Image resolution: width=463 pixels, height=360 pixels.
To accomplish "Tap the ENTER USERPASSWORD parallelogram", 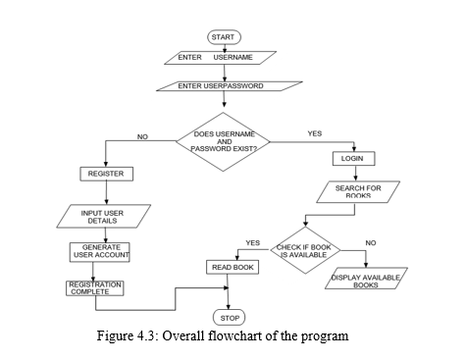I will pos(221,85).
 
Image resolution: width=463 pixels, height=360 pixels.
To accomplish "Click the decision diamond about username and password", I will pos(225,141).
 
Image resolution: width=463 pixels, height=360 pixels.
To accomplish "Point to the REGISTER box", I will pos(104,173).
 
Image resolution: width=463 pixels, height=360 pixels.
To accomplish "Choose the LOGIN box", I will pos(353,158).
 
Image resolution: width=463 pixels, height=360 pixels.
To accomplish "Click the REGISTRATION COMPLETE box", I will pos(95,287).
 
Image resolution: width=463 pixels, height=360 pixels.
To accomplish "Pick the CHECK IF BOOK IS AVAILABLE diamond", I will pos(305,250).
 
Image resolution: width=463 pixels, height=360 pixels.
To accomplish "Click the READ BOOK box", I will pos(231,267).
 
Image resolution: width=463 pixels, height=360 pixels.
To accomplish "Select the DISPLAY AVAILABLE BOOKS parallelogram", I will pos(365,282).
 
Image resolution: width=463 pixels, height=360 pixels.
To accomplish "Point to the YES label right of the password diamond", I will pos(314,133).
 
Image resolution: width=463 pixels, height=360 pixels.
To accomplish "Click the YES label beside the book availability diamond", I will pos(252,242).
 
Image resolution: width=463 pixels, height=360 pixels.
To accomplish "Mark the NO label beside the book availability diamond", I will pos(370,242).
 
